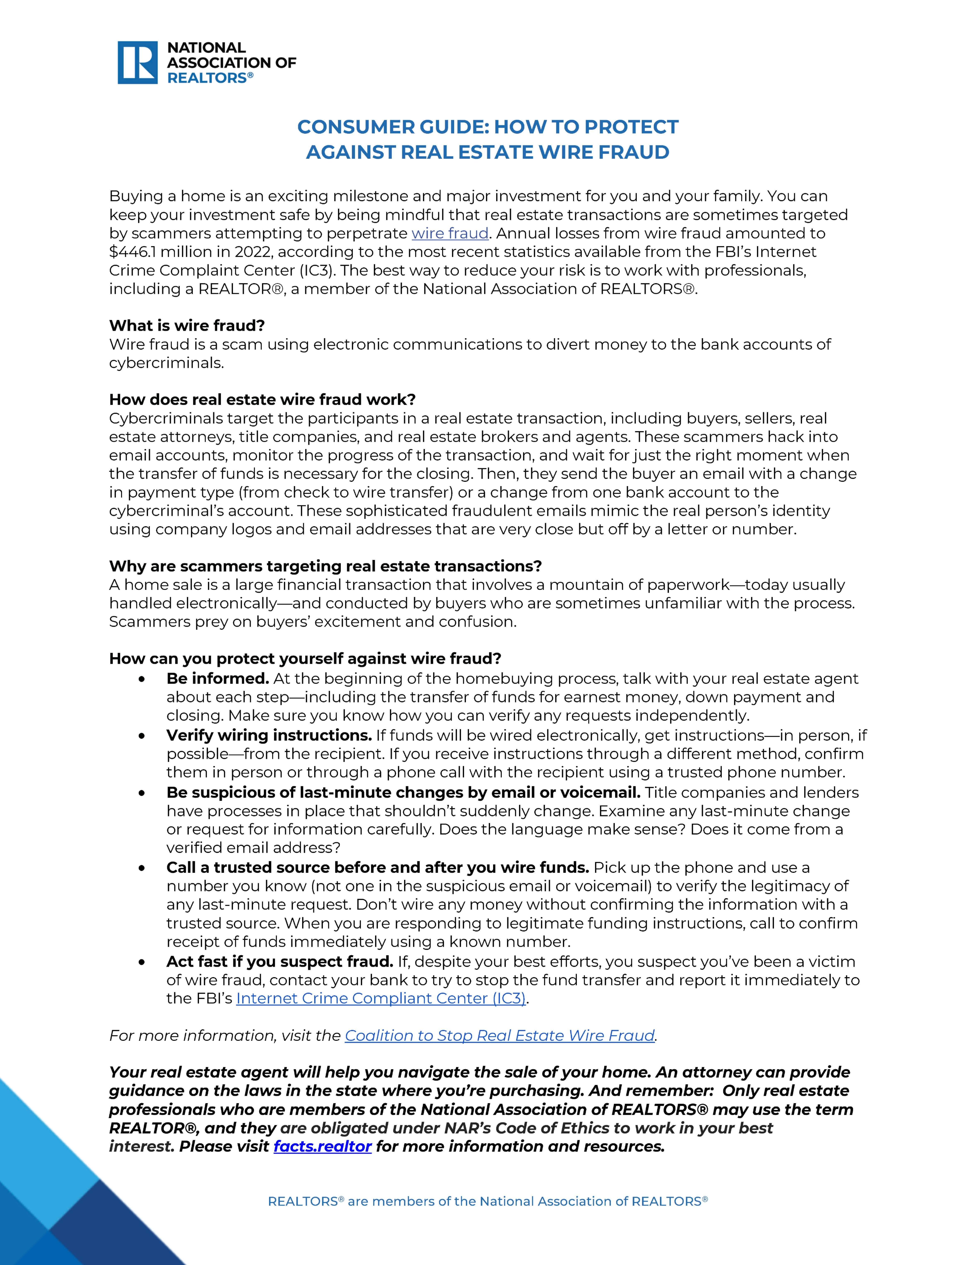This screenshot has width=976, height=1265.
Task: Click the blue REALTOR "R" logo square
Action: (x=137, y=63)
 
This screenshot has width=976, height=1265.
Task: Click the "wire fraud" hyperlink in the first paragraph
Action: (x=450, y=234)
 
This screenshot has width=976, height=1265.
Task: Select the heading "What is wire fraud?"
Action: (x=187, y=326)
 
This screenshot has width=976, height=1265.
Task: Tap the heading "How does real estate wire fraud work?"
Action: (x=262, y=400)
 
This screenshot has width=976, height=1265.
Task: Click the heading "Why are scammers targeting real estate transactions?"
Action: (x=325, y=566)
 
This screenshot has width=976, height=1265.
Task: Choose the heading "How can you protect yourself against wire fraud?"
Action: (x=305, y=659)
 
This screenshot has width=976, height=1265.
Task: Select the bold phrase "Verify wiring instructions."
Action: (x=269, y=735)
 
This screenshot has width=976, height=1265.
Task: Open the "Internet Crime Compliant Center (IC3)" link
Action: (x=381, y=999)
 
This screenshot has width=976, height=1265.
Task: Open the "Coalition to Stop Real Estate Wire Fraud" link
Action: (x=499, y=1036)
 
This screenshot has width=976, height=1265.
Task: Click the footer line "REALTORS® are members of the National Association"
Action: (x=487, y=1201)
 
